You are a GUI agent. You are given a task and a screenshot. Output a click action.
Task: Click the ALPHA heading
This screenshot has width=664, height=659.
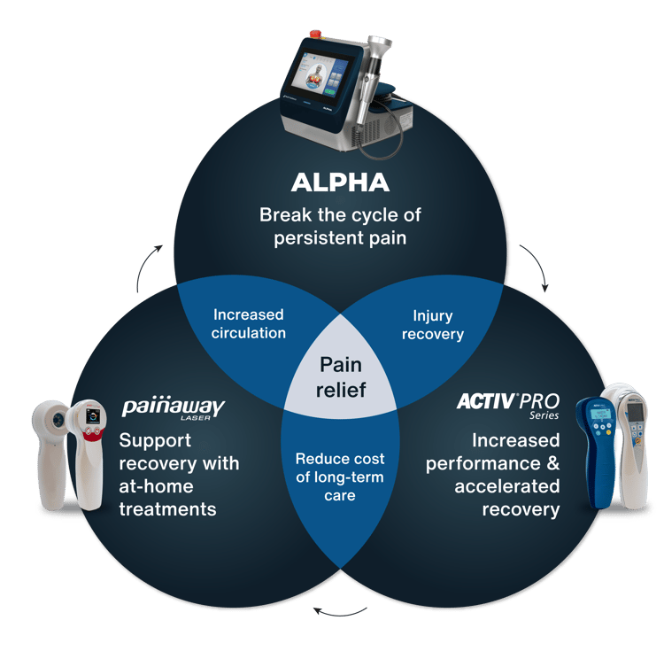340,183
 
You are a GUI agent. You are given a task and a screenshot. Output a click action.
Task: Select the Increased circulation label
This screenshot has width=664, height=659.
248,324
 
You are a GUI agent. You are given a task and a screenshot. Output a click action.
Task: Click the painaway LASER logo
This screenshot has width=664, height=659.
174,409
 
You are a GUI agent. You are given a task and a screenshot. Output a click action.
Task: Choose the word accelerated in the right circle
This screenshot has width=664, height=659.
507,486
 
